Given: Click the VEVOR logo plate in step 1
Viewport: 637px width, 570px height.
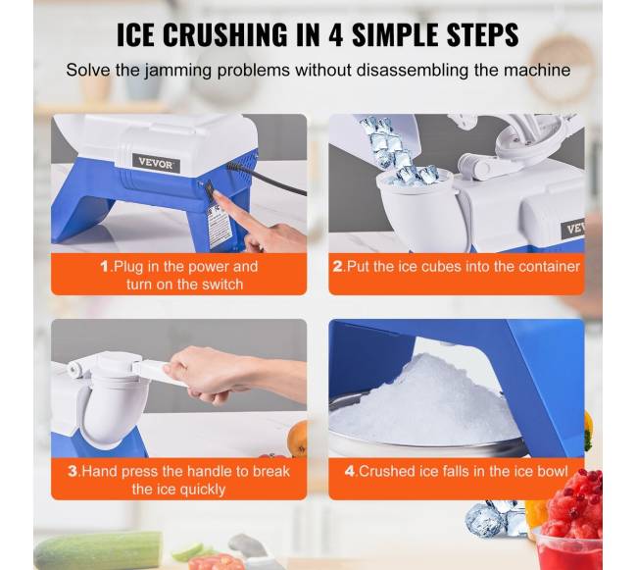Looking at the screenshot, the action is pyautogui.click(x=156, y=163).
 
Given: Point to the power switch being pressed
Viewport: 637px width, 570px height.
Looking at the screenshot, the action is pyautogui.click(x=209, y=190).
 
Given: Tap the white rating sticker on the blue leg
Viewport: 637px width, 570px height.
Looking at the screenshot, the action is pyautogui.click(x=220, y=225).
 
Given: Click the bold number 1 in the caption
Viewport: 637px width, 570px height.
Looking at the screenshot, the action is pyautogui.click(x=105, y=267).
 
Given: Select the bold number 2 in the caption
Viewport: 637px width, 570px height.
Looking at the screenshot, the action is pyautogui.click(x=338, y=267).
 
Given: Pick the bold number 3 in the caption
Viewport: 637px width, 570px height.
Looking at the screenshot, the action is pyautogui.click(x=73, y=471).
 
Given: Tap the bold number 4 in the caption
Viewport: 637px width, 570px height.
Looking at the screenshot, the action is pyautogui.click(x=350, y=471).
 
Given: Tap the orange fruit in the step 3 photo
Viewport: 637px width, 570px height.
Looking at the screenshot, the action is pyautogui.click(x=297, y=439).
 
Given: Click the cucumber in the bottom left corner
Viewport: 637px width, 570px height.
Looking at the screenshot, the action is pyautogui.click(x=97, y=551).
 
